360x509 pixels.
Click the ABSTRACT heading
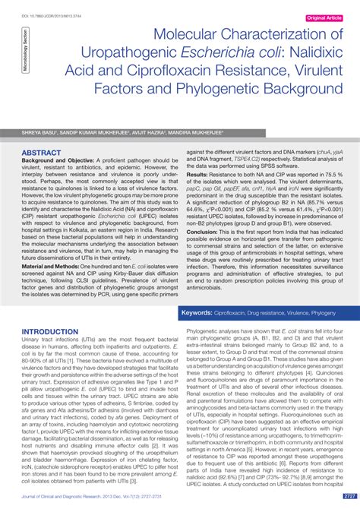[x=42, y=153]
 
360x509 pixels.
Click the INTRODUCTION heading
[x=55, y=332]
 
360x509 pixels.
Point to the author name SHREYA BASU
[x=37, y=131]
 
